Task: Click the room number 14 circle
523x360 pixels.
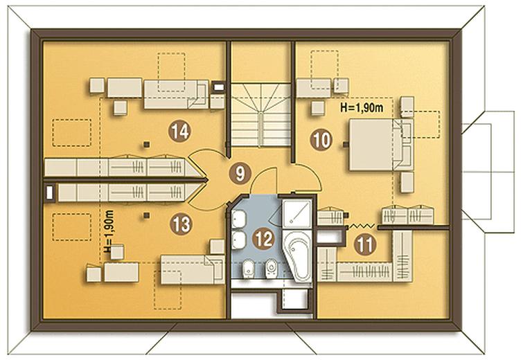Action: [180, 132]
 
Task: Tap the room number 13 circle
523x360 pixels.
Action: [181, 224]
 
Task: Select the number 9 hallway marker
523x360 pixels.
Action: [240, 174]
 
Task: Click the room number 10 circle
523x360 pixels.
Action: [321, 140]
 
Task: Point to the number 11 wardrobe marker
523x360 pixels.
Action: [365, 245]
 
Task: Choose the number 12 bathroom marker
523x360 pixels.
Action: [263, 239]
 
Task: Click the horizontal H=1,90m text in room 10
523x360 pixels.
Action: [362, 107]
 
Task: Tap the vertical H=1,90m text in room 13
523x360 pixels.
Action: [108, 231]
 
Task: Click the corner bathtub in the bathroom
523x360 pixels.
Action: [298, 255]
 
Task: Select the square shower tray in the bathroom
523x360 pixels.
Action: [296, 213]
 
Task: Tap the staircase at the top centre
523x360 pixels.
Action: [260, 114]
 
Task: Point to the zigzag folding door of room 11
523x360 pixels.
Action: [361, 226]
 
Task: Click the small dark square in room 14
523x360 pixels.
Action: [146, 144]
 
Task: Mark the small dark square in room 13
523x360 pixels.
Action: [146, 215]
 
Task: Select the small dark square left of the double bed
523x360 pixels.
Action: [346, 145]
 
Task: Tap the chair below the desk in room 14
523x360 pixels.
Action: [120, 107]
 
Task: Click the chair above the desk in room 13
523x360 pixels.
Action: [117, 252]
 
